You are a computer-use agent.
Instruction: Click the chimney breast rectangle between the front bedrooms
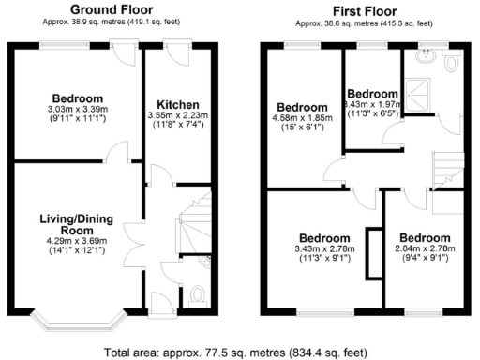click(374, 253)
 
